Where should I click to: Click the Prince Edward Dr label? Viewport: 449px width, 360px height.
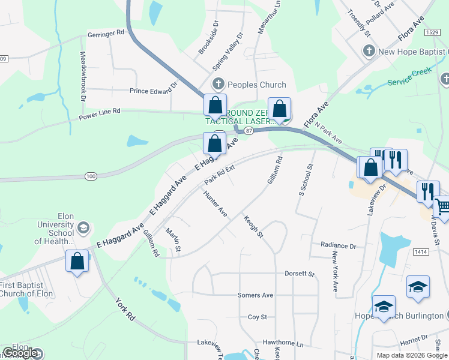(x=154, y=91)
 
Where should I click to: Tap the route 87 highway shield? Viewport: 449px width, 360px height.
(x=250, y=130)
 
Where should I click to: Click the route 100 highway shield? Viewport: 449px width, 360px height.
(x=91, y=176)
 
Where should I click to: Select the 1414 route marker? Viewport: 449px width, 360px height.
(x=421, y=253)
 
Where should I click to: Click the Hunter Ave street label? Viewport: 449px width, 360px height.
(x=215, y=204)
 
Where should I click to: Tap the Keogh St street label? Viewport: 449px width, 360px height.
(x=253, y=226)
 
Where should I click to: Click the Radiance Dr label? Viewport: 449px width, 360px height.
(x=339, y=246)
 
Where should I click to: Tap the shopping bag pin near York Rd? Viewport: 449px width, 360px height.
(x=77, y=261)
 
